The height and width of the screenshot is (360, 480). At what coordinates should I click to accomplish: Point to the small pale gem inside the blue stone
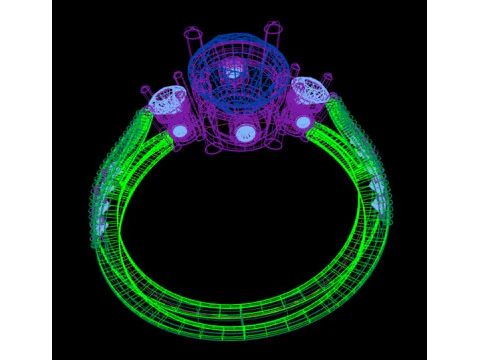(232, 71)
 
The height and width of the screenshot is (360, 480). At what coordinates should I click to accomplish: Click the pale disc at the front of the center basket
(244, 131)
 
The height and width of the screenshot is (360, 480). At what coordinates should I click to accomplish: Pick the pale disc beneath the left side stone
(180, 131)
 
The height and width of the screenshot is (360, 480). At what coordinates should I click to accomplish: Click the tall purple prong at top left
(192, 40)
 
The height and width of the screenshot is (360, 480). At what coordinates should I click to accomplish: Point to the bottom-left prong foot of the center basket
(211, 151)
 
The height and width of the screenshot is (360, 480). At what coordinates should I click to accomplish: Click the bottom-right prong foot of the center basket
(275, 146)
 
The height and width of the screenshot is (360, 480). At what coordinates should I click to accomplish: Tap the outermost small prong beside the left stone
(143, 90)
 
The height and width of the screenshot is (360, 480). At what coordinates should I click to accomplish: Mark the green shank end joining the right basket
(320, 130)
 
